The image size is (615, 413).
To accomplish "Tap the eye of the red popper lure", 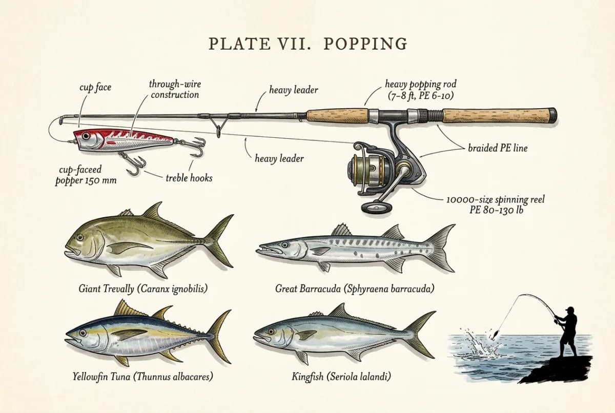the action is point(86,136).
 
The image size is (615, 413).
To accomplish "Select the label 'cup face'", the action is point(95,88).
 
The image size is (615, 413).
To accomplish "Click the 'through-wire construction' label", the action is point(175,89).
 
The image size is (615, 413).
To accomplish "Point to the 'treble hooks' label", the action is point(189,178).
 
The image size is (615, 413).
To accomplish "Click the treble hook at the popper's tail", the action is point(195,147).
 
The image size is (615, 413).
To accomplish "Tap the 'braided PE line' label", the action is point(498,148).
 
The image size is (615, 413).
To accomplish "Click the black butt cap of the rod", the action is point(552,116).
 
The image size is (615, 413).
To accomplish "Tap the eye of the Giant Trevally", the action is point(80,237).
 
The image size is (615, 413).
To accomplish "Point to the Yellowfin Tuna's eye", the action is point(83,333).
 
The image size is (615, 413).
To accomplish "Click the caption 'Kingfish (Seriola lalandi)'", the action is point(341,377).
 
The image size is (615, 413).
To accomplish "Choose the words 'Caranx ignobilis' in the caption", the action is point(172,288).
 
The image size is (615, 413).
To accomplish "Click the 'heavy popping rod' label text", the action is point(421,84).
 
